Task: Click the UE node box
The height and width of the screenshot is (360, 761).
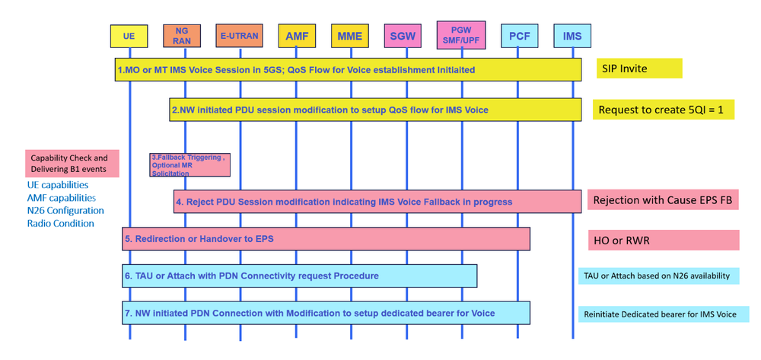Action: click(129, 35)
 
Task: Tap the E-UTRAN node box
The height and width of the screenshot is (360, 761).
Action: click(240, 35)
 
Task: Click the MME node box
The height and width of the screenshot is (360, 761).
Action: click(350, 35)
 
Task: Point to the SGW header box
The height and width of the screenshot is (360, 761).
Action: click(407, 35)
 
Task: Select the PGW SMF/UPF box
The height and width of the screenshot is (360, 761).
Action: click(463, 33)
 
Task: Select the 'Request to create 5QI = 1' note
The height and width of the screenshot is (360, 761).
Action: click(663, 110)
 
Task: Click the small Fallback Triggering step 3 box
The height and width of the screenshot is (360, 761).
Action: click(189, 164)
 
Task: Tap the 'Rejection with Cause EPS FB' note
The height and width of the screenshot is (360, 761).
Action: click(663, 201)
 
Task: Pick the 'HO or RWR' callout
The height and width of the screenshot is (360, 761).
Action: click(663, 240)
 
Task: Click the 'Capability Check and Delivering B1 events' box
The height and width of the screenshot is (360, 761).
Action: click(72, 164)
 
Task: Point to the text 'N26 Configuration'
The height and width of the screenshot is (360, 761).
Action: click(65, 210)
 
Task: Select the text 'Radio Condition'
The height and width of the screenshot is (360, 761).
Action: click(61, 223)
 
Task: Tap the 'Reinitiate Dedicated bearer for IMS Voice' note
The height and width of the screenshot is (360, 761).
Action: click(663, 314)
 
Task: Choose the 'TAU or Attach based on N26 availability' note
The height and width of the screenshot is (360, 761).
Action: click(663, 276)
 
